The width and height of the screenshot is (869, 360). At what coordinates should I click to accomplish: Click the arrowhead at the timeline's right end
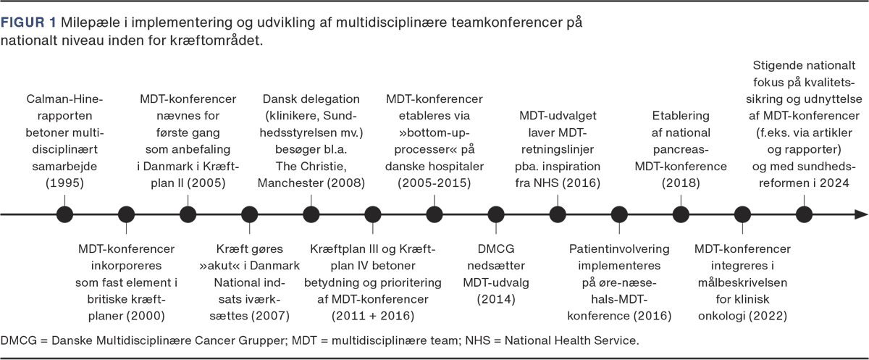point(861,214)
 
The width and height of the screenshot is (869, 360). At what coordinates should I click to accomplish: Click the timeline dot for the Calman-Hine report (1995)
point(64,214)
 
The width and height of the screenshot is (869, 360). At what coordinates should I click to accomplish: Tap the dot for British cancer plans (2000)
point(126,214)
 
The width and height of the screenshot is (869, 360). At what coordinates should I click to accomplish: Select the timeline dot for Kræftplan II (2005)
point(188,214)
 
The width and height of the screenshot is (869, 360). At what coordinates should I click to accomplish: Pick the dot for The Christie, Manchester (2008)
point(311,214)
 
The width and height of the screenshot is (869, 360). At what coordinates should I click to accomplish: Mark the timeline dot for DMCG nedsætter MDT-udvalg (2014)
point(496,214)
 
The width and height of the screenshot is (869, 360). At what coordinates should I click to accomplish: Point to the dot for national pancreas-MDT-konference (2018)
point(681,214)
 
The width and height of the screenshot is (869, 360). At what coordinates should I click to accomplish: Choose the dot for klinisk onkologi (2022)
point(742,214)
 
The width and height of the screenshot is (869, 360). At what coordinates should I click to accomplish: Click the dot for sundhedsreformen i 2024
point(804,214)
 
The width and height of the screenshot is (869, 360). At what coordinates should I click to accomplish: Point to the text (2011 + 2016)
point(372,315)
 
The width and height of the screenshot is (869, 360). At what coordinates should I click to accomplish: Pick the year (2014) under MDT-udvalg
point(496,298)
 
